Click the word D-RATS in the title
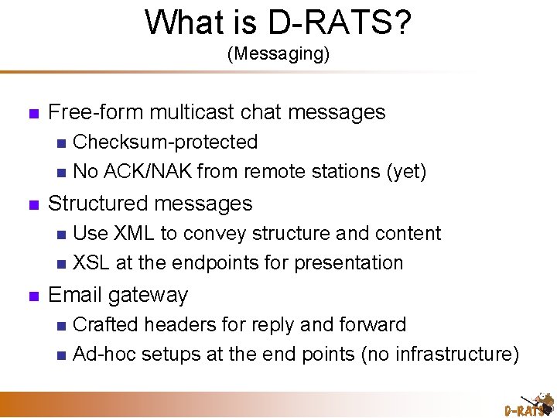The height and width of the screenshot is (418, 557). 329,22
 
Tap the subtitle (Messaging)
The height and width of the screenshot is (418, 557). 278,54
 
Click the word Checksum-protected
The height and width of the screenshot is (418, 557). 165,142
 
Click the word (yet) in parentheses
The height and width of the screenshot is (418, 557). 405,171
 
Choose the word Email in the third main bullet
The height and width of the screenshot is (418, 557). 75,295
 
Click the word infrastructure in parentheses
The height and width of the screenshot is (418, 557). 454,354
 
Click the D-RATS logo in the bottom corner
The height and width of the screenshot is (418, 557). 528,406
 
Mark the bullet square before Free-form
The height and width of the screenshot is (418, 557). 32,113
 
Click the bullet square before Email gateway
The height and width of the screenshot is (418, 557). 32,296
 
